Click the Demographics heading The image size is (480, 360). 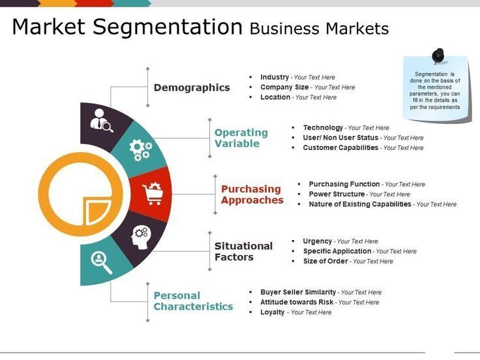click(x=192, y=88)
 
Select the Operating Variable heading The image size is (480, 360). click(x=241, y=138)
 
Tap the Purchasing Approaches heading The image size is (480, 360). click(x=252, y=195)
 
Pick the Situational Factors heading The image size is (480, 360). click(x=244, y=251)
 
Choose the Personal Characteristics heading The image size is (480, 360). click(x=193, y=301)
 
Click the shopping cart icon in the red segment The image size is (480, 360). click(x=153, y=194)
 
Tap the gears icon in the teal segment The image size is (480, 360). click(x=141, y=150)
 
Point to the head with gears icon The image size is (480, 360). click(x=141, y=237)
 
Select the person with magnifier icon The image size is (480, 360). click(x=102, y=120)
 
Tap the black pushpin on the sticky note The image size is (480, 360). click(x=438, y=56)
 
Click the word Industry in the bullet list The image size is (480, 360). click(x=275, y=77)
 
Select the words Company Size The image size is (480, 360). click(x=284, y=87)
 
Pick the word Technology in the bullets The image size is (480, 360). click(x=323, y=128)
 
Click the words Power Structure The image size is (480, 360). click(x=337, y=194)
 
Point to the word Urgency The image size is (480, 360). click(x=318, y=241)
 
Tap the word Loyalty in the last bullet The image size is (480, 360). click(x=273, y=312)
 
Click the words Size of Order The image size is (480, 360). click(x=325, y=261)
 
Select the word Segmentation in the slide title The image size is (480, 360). click(x=168, y=27)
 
